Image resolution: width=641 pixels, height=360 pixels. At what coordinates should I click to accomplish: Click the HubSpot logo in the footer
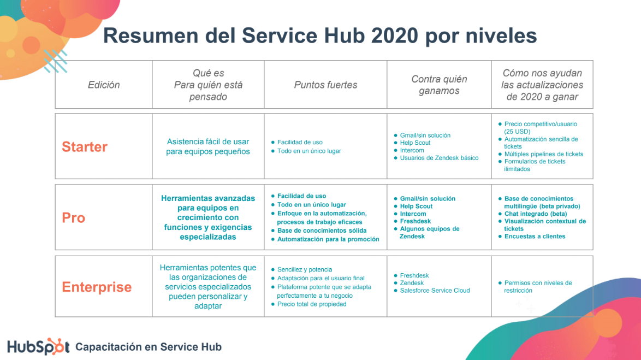38,346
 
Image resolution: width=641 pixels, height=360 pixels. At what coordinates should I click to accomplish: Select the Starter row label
85,146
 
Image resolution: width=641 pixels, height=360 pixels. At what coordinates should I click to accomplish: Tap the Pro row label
74,217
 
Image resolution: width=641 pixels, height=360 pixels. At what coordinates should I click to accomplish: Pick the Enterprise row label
97,287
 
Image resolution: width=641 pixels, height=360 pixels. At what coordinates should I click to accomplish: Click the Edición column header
104,85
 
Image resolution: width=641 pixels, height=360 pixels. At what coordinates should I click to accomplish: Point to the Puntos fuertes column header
326,85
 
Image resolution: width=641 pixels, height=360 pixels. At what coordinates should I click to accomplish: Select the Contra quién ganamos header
439,85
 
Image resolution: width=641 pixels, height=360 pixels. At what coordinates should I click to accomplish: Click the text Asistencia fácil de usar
208,141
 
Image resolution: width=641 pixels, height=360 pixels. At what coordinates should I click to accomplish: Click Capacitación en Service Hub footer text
149,347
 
